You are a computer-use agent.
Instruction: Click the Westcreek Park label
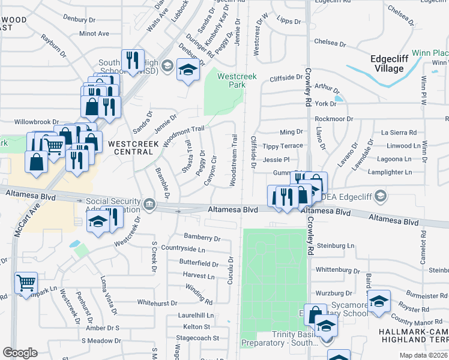[232, 80]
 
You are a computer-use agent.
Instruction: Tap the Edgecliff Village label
[387, 64]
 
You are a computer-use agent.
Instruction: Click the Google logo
[20, 353]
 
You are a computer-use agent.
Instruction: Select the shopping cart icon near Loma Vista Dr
[26, 282]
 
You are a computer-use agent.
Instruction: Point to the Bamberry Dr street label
[202, 238]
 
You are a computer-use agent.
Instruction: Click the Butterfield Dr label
[198, 263]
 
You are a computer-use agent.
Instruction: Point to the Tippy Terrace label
[283, 146]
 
